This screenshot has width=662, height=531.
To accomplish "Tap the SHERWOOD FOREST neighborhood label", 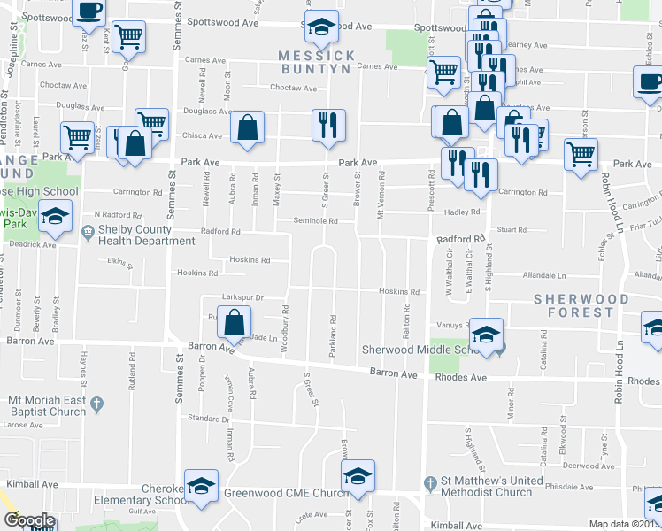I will point(581,305).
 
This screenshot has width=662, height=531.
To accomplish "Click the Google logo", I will point(29,521).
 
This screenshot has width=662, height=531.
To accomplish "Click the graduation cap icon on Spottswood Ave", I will point(321,27).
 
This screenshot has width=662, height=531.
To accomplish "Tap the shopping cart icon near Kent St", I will point(129,36).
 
